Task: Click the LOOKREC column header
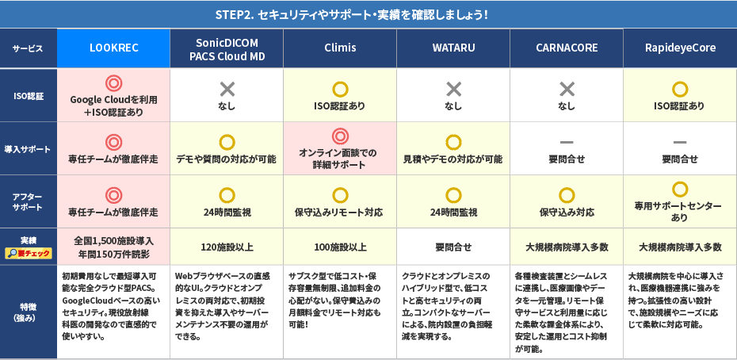pyautogui.click(x=114, y=48)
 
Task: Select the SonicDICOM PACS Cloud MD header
pyautogui.click(x=226, y=48)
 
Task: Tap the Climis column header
pyautogui.click(x=339, y=48)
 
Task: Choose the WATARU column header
pyautogui.click(x=453, y=48)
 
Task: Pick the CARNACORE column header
pyautogui.click(x=567, y=48)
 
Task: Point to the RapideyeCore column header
pyautogui.click(x=680, y=48)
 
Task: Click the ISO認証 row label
pyautogui.click(x=29, y=94)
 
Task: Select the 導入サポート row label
pyautogui.click(x=29, y=148)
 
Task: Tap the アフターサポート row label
pyautogui.click(x=29, y=201)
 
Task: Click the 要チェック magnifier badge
pyautogui.click(x=29, y=253)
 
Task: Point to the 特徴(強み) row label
pyautogui.click(x=29, y=312)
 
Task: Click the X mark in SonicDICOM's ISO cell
pyautogui.click(x=227, y=88)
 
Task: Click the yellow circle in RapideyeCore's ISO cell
pyautogui.click(x=680, y=88)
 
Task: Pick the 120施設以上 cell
pyautogui.click(x=227, y=247)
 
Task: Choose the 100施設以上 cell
pyautogui.click(x=340, y=247)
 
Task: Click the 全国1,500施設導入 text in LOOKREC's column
pyautogui.click(x=113, y=240)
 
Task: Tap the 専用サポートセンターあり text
pyautogui.click(x=679, y=211)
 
